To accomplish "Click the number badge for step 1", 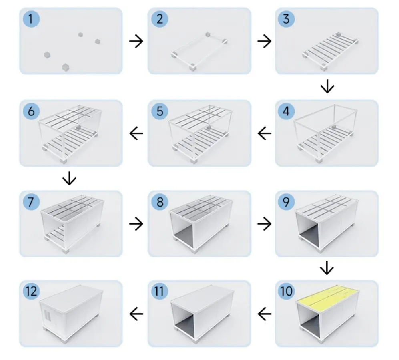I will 31,19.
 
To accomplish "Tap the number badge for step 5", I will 160,111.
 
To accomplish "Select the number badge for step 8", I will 160,202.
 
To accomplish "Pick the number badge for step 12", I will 31,292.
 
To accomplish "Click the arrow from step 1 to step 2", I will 136,41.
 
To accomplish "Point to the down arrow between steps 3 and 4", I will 327,87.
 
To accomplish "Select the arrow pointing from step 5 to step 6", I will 136,133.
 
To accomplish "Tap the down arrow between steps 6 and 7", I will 70,179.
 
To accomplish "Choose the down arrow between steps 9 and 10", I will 327,268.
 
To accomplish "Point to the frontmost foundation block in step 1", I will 65,67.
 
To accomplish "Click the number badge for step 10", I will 287,292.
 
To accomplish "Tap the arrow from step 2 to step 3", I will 264,41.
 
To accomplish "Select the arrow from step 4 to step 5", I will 264,133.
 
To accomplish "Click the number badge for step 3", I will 287,19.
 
